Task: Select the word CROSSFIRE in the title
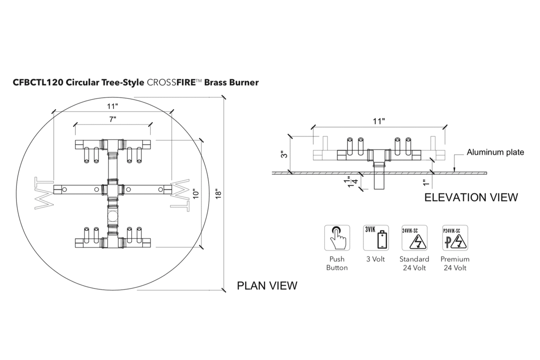[x=171, y=83]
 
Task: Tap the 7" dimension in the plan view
[x=113, y=119]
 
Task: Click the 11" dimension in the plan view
[x=112, y=106]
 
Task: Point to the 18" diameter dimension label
[x=218, y=195]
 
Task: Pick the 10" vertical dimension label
[x=196, y=195]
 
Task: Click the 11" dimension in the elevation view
[x=379, y=121]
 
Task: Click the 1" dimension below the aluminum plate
[x=426, y=182]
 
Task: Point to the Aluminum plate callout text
[x=495, y=152]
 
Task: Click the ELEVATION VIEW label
[x=471, y=197]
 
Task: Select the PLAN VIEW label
[x=267, y=285]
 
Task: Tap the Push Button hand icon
[x=337, y=238]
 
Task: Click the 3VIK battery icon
[x=376, y=238]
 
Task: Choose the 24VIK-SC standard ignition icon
[x=414, y=238]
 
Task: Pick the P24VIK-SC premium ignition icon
[x=455, y=238]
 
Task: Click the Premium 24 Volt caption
[x=455, y=263]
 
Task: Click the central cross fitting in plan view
[x=112, y=189]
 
